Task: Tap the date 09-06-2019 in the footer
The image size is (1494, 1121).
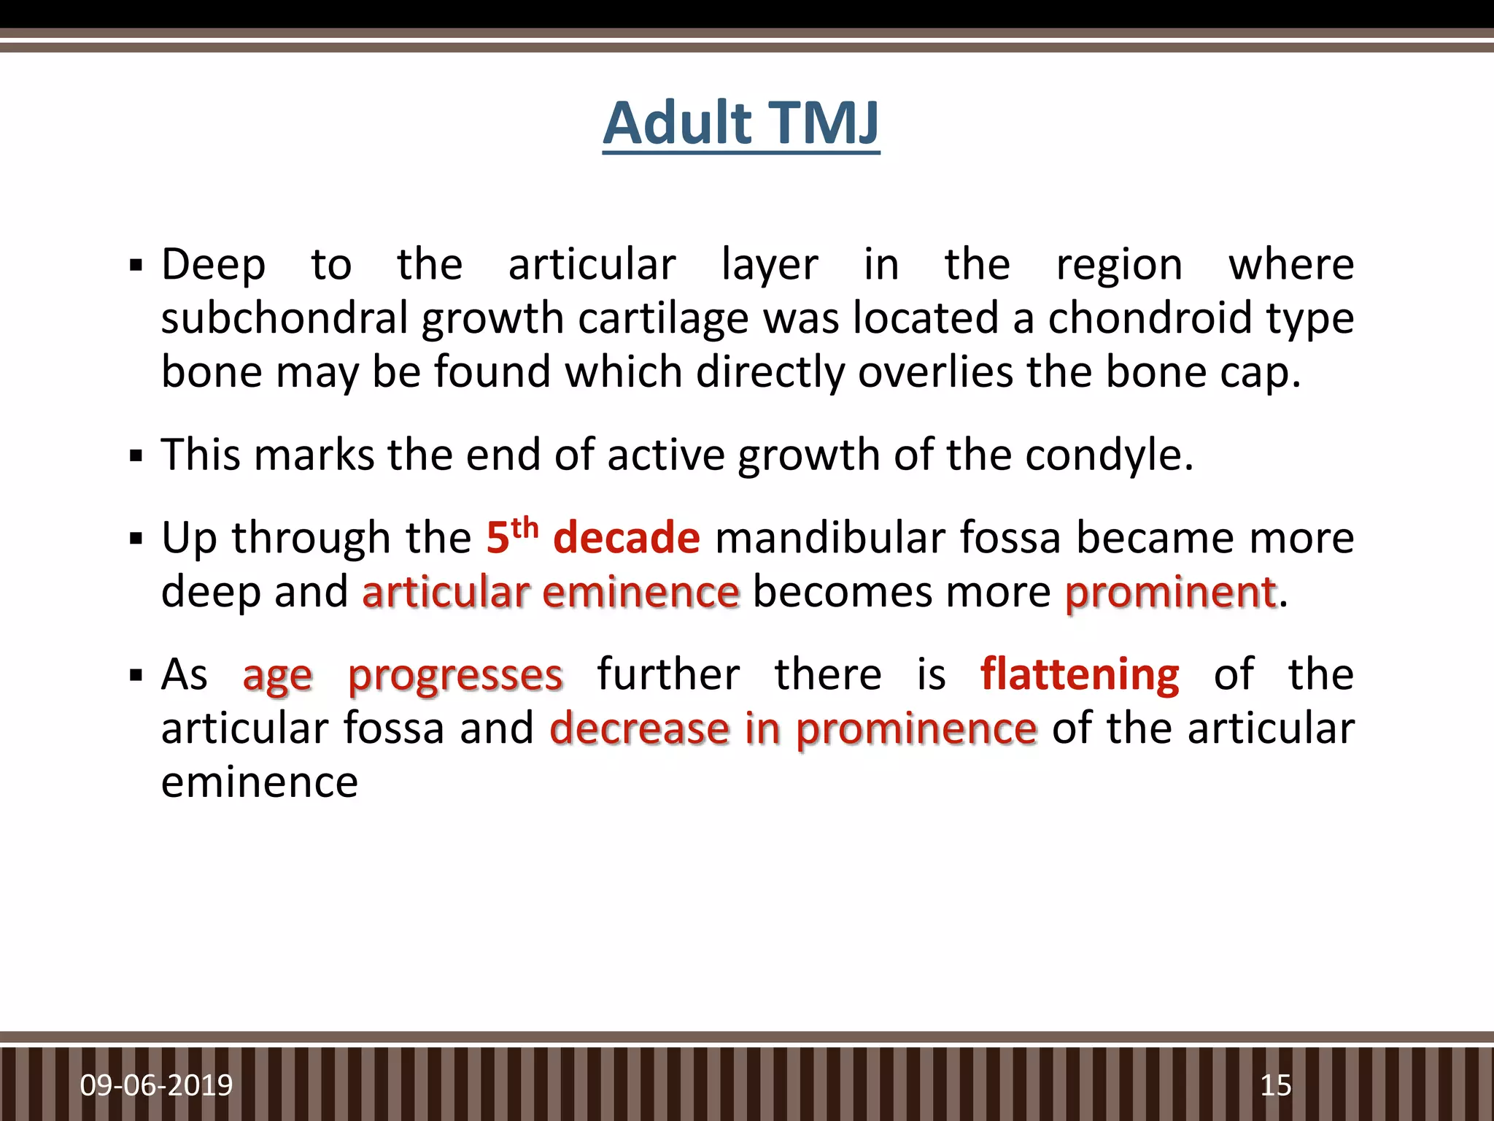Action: click(x=156, y=1085)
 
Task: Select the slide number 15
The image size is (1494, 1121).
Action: click(x=1276, y=1085)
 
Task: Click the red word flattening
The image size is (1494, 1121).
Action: click(x=1079, y=674)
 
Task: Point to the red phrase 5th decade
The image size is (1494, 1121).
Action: click(x=592, y=537)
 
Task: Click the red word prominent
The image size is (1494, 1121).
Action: click(x=1170, y=592)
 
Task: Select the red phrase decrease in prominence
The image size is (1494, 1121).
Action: click(x=793, y=728)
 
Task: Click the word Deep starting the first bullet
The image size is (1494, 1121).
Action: click(x=213, y=264)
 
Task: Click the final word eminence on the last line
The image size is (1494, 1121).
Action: click(x=259, y=782)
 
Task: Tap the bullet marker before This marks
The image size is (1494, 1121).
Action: click(x=136, y=457)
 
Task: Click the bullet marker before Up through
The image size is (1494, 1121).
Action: click(x=136, y=539)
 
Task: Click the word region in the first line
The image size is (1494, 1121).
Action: click(x=1119, y=266)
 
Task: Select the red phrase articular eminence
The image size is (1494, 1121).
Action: click(x=551, y=592)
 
